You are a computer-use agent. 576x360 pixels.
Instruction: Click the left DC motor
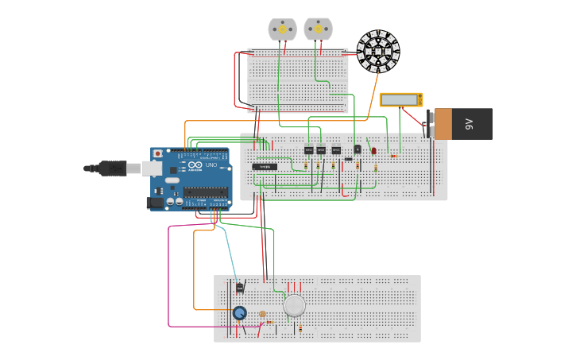point(282,29)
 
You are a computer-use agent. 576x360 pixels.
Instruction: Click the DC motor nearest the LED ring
point(318,29)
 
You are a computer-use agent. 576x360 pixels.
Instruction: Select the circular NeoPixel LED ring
point(378,51)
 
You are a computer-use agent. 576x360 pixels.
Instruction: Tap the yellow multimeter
point(400,99)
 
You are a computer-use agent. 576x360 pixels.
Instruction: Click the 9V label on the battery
point(469,124)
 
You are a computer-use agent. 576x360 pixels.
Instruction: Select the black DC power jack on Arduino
point(155,203)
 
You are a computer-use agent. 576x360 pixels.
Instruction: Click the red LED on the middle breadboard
point(374,150)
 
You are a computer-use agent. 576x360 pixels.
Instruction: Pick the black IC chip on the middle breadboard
point(265,167)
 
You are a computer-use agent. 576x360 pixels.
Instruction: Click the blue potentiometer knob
point(239,313)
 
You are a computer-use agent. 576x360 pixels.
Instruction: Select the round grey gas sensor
point(294,306)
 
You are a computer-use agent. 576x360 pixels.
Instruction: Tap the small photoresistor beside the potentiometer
point(262,315)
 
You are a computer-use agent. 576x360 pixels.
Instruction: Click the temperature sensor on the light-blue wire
point(239,287)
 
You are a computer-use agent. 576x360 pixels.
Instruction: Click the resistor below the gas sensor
point(300,328)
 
